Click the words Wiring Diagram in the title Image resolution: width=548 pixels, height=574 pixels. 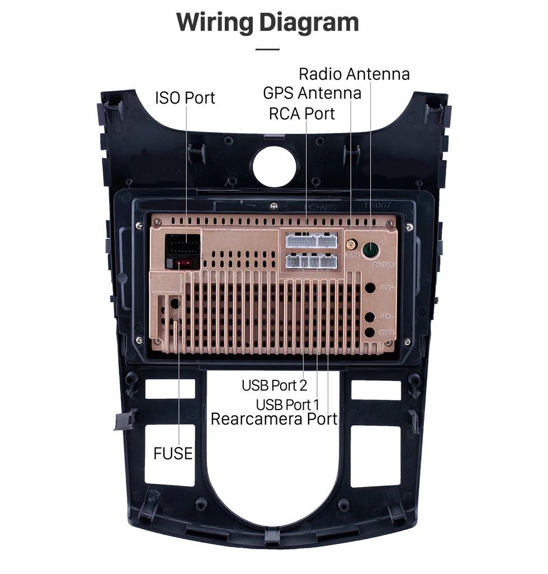click(x=267, y=22)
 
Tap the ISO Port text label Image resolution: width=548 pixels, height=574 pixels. click(x=185, y=98)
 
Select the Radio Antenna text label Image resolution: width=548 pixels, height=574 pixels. click(x=354, y=74)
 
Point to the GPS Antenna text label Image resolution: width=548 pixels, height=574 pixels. click(x=312, y=92)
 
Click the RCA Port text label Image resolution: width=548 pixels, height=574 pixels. click(x=302, y=114)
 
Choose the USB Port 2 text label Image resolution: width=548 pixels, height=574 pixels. click(x=274, y=385)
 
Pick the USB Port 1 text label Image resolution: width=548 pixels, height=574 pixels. click(x=287, y=404)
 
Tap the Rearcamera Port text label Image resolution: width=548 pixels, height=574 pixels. click(x=274, y=419)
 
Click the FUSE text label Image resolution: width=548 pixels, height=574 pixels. click(x=173, y=453)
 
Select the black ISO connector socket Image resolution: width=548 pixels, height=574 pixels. click(x=182, y=244)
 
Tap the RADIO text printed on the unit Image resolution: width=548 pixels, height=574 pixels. click(x=382, y=265)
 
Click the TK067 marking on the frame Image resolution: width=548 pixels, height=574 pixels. click(x=377, y=206)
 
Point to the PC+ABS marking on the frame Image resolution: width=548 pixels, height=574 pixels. click(x=320, y=206)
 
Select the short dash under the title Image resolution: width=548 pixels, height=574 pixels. click(x=267, y=49)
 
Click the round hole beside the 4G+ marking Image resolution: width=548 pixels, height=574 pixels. click(x=370, y=289)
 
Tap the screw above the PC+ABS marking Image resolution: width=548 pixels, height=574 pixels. click(x=273, y=206)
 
